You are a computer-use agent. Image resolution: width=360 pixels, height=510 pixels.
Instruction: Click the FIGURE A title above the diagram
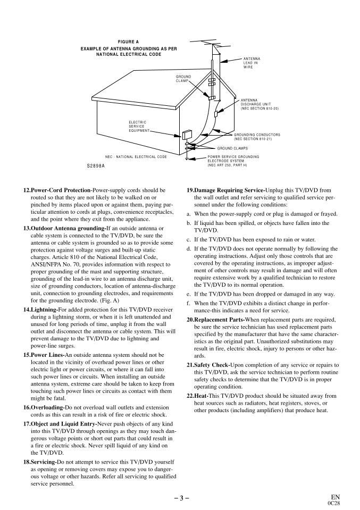tap(128, 41)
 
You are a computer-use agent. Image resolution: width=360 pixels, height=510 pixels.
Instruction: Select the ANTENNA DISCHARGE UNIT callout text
tap(259, 104)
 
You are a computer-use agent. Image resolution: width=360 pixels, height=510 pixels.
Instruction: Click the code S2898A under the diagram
tap(96, 166)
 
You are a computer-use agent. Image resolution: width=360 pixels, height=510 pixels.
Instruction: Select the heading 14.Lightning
tap(43, 309)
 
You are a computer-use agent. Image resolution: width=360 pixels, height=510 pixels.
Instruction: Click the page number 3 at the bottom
tap(180, 498)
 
